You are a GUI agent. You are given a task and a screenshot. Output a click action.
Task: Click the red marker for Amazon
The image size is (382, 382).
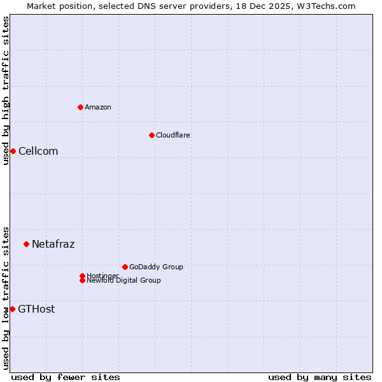[80, 107]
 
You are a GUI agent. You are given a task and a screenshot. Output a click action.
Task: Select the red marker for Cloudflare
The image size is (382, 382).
[152, 135]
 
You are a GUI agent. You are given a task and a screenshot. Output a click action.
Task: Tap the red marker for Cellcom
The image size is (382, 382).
[13, 151]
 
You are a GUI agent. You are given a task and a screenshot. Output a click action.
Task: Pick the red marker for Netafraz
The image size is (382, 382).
[26, 244]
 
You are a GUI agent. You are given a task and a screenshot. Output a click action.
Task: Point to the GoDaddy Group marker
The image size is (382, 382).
[125, 267]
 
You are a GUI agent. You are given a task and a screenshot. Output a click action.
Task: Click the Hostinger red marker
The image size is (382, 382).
[82, 276]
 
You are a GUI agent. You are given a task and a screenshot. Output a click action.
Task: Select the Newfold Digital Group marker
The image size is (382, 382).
[82, 280]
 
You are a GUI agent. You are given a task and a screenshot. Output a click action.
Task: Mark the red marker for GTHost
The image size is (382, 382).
[12, 309]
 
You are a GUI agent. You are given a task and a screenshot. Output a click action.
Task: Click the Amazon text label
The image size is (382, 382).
[98, 107]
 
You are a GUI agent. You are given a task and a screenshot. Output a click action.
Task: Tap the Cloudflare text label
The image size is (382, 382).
[173, 135]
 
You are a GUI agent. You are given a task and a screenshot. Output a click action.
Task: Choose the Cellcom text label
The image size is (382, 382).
[38, 151]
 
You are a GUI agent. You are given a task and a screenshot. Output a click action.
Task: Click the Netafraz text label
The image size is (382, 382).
[53, 244]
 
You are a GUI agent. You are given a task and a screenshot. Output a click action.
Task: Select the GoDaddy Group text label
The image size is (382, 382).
[156, 267]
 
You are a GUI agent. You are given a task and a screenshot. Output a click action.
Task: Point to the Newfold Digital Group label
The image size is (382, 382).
[124, 281]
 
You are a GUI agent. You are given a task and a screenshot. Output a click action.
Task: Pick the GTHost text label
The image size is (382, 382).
[36, 309]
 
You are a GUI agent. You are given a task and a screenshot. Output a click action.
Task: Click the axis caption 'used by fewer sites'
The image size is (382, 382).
[66, 377]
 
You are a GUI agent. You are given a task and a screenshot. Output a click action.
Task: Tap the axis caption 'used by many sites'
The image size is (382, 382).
[320, 377]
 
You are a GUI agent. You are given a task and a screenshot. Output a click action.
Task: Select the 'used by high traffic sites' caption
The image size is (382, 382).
[6, 90]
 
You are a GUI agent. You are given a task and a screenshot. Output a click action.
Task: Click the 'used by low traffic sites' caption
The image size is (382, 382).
[6, 298]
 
